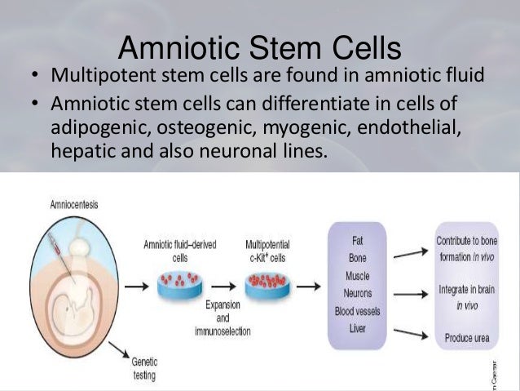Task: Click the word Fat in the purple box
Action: (x=357, y=242)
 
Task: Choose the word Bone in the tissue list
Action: (x=357, y=259)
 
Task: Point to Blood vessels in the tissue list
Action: (x=357, y=311)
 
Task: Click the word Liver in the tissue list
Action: (x=357, y=329)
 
